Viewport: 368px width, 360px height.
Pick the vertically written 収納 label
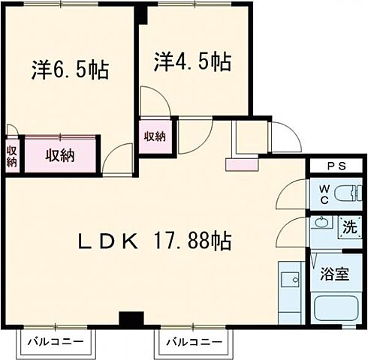[12, 155]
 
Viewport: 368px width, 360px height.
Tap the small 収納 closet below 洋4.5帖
[155, 136]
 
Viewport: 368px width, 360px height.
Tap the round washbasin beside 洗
[322, 222]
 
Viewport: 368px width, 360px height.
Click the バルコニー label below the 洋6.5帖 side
[57, 342]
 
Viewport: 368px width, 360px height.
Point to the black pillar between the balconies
[131, 319]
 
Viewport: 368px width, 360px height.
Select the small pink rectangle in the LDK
[241, 163]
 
